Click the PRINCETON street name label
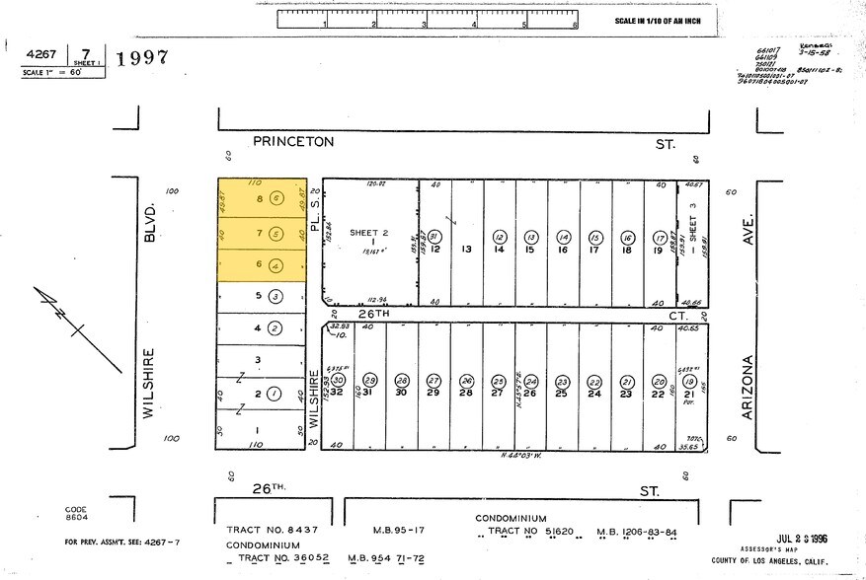293,142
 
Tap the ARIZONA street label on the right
748,388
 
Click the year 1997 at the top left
142,57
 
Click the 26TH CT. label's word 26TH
375,315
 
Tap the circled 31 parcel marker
434,237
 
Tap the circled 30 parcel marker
338,380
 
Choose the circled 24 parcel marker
530,380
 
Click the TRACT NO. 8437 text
272,530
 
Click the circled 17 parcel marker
659,237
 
